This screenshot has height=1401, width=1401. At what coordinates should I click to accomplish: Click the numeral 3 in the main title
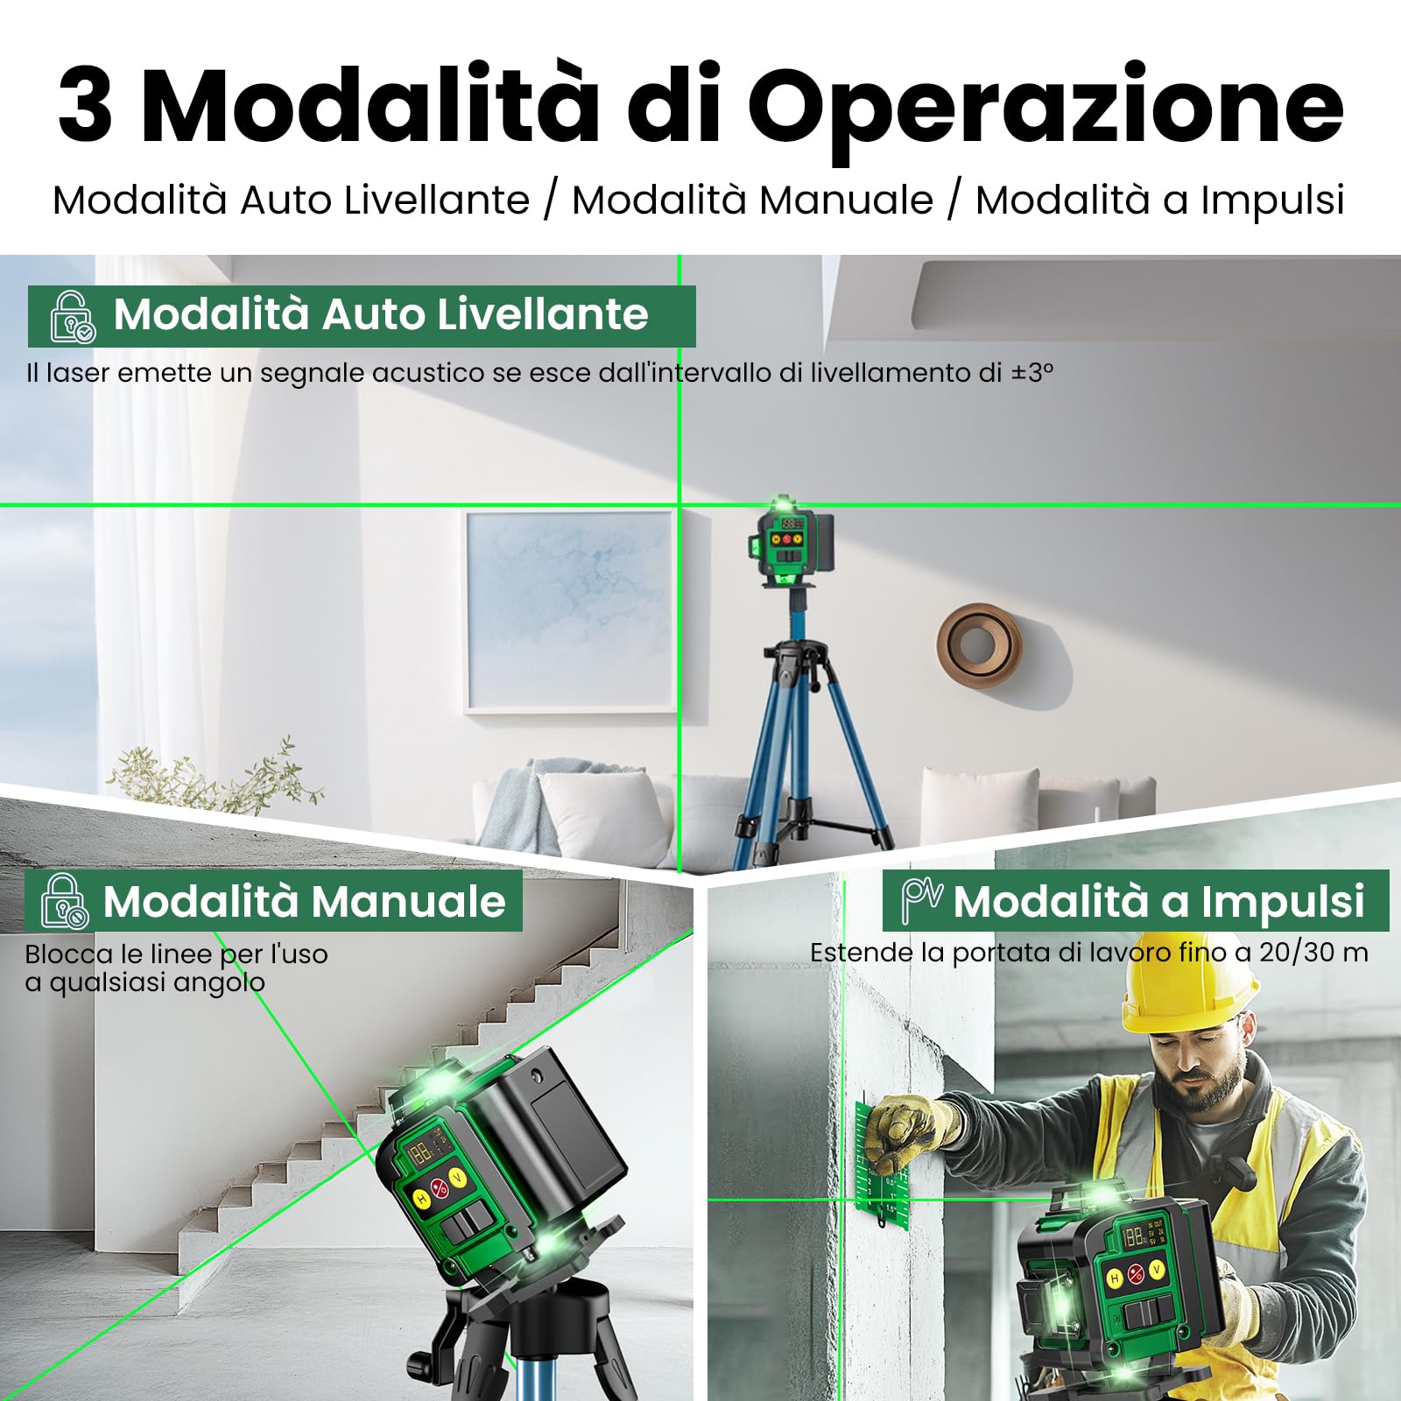pos(86,107)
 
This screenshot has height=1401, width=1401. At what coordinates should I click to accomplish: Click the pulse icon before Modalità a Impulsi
pos(921,900)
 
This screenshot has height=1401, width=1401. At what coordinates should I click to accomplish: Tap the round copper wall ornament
pos(978,644)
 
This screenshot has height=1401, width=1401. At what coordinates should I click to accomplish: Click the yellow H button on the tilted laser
pos(422,1199)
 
